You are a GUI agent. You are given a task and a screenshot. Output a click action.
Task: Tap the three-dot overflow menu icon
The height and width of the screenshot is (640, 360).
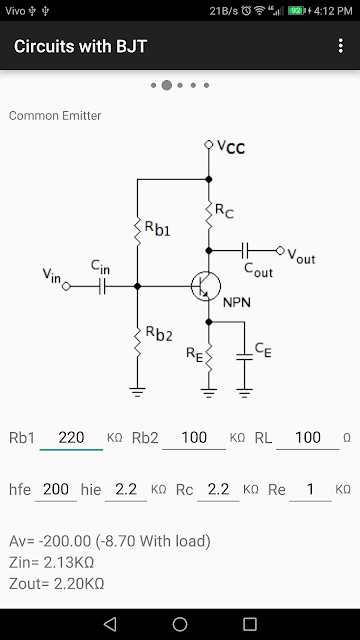[x=341, y=46]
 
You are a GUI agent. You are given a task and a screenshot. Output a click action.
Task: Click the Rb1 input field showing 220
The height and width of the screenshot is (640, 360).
[x=71, y=438]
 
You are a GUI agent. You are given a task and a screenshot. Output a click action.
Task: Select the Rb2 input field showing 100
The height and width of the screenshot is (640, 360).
[x=194, y=438]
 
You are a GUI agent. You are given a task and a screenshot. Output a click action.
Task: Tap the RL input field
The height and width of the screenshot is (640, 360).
[x=307, y=438]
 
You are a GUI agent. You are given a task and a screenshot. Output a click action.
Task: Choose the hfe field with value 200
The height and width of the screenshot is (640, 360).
[x=56, y=489]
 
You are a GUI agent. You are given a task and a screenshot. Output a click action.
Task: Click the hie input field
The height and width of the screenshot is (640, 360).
[x=126, y=489]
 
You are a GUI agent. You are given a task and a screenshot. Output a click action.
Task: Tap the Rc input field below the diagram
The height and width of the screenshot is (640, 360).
[x=218, y=489]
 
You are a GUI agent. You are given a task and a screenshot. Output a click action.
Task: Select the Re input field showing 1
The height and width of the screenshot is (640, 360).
[x=310, y=489]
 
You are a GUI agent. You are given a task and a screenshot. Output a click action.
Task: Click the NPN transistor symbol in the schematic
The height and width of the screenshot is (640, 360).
[x=206, y=287]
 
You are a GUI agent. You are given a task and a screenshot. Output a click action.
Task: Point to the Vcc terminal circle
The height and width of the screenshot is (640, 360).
[x=209, y=144]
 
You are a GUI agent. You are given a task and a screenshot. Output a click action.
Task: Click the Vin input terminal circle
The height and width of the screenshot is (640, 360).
[x=66, y=287]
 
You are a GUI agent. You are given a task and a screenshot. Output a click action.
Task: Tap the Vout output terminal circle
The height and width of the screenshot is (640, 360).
[x=280, y=250]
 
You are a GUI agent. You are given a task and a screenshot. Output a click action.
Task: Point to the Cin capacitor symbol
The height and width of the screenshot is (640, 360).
[x=102, y=287]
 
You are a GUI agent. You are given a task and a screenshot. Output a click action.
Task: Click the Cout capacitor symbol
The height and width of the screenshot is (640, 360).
[x=245, y=250]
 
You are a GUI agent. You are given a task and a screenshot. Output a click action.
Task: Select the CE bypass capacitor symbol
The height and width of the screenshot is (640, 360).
[x=244, y=356]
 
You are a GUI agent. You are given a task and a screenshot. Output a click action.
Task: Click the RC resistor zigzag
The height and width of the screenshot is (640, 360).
[x=209, y=215]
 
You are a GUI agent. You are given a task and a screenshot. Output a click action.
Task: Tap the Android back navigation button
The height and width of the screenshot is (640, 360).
[x=110, y=624]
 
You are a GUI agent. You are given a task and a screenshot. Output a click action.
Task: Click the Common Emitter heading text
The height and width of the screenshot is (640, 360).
[x=55, y=116]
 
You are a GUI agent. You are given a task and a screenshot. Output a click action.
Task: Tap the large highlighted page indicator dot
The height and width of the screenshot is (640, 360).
[x=167, y=85]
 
